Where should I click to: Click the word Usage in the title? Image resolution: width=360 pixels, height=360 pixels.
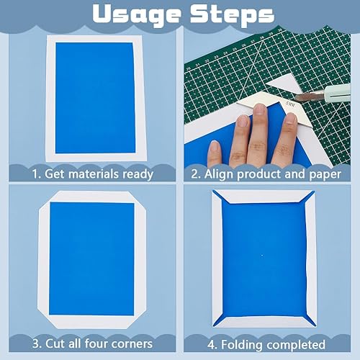click(136, 15)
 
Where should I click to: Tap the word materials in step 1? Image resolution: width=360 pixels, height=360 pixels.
click(94, 174)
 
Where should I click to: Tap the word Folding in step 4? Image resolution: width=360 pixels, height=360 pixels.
click(242, 345)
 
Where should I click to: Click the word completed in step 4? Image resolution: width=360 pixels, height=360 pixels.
click(296, 345)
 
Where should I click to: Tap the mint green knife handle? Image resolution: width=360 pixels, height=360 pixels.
click(338, 94)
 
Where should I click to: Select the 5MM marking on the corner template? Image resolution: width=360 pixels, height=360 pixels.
click(291, 104)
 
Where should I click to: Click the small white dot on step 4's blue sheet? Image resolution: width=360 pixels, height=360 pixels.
click(262, 256)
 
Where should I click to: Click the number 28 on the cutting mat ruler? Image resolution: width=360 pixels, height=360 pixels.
click(262, 38)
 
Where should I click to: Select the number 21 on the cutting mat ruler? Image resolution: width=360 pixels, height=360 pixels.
click(198, 65)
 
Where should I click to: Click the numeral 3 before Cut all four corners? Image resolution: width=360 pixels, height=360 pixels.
click(36, 343)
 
